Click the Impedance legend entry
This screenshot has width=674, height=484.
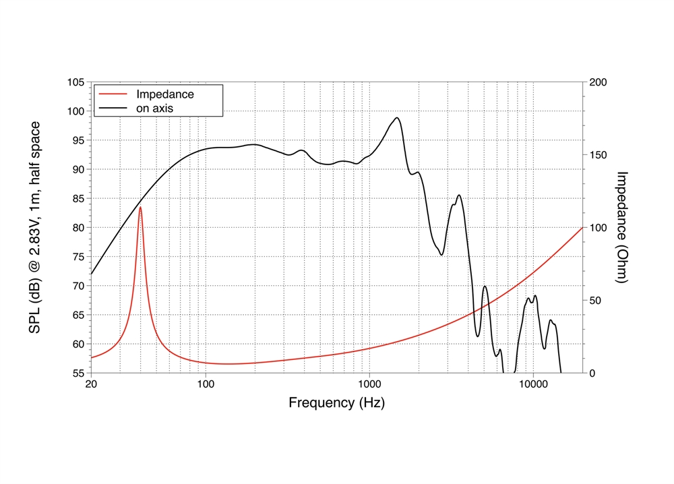[x=165, y=94]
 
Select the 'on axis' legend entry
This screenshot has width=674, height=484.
[x=157, y=108]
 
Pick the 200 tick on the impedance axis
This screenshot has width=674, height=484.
[x=598, y=82]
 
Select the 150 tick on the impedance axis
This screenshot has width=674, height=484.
[x=598, y=155]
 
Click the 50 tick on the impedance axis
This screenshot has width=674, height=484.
[x=595, y=301]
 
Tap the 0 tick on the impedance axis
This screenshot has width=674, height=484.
[x=592, y=373]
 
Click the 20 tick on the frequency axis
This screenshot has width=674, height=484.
[x=91, y=384]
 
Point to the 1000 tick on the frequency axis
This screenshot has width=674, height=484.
[x=369, y=384]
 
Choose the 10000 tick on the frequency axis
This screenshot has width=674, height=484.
[x=533, y=384]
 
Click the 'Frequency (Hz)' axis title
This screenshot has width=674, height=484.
[x=336, y=403]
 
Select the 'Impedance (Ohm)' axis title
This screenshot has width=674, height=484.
[x=622, y=227]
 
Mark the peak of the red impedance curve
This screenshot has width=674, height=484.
[x=140, y=207]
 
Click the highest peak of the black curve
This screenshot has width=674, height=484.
[x=397, y=118]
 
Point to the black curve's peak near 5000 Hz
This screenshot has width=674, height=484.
[x=485, y=286]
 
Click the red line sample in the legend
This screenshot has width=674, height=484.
[x=113, y=94]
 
